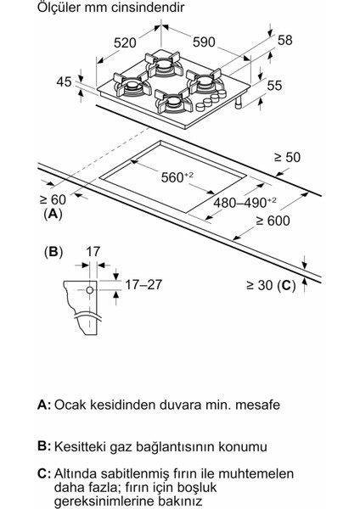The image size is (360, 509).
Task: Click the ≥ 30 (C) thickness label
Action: pyautogui.click(x=267, y=287)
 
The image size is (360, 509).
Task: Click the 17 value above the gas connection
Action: pyautogui.click(x=93, y=252)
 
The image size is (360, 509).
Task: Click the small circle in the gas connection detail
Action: pyautogui.click(x=88, y=291)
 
